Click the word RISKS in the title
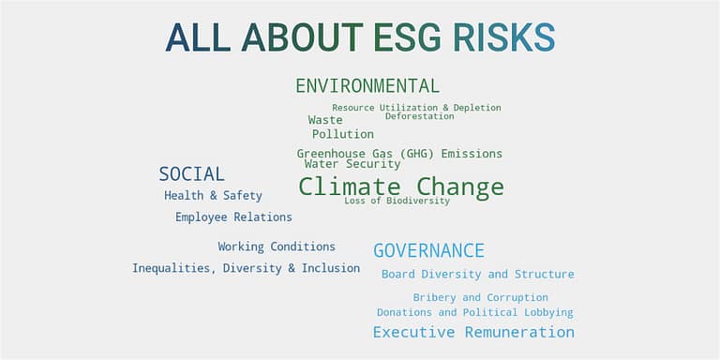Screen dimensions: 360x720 point(503,37)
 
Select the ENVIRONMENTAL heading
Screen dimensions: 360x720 point(367,86)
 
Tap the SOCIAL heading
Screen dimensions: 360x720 point(191,174)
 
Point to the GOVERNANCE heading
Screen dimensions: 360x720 point(428,251)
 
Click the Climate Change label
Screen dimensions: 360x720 point(401,187)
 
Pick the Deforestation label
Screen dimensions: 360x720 point(419,116)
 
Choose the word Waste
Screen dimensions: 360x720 point(325,120)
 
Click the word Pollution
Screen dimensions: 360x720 point(343,134)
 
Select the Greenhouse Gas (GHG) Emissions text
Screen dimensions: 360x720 point(399,154)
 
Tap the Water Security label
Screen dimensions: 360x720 point(352,164)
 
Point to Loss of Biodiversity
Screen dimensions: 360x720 point(397,201)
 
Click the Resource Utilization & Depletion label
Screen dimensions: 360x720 point(416,108)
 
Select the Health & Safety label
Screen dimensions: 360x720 point(213,196)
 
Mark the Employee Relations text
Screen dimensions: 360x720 point(233,217)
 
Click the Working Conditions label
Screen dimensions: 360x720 point(277,247)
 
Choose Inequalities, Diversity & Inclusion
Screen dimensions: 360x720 point(246,268)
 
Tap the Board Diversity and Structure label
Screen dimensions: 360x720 point(477,275)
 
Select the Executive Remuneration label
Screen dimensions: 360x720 point(473,332)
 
